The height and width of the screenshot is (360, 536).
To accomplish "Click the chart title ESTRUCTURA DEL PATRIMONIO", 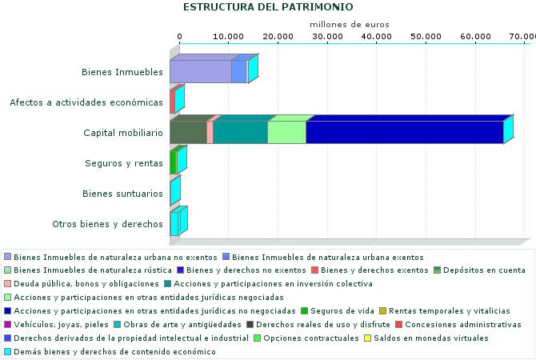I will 267,7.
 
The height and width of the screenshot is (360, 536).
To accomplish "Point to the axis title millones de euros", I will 349,26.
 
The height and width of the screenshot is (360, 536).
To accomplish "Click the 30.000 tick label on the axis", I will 327,37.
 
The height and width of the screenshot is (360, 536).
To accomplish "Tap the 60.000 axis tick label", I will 475,37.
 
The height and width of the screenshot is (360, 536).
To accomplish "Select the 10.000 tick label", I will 229,37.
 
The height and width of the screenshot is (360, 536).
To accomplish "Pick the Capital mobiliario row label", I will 123,133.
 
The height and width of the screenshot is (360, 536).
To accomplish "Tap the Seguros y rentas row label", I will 124,163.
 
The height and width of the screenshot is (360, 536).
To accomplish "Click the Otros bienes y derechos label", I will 107,224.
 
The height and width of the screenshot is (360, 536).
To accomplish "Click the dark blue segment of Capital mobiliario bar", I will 404,133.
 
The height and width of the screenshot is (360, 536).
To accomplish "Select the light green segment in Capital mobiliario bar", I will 286,133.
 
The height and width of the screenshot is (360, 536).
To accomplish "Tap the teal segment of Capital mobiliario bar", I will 240,133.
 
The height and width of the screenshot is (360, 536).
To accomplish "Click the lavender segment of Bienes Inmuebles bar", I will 200,72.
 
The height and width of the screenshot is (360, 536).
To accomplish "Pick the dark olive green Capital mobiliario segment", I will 188,133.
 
